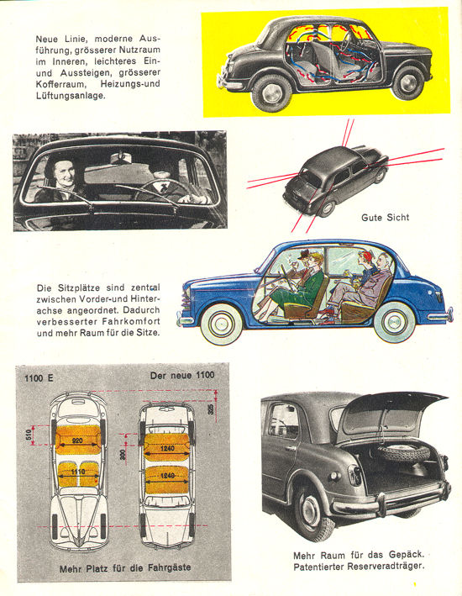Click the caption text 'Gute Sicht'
coord(386,218)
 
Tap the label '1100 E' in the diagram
coord(39,378)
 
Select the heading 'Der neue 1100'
coord(182,376)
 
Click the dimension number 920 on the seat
coord(77,440)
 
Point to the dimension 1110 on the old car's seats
coord(77,472)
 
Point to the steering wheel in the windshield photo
coord(160,189)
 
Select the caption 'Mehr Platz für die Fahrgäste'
coord(125,568)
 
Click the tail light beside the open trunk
coord(354,475)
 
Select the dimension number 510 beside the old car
coord(29,435)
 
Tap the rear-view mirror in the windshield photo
coord(121,158)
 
